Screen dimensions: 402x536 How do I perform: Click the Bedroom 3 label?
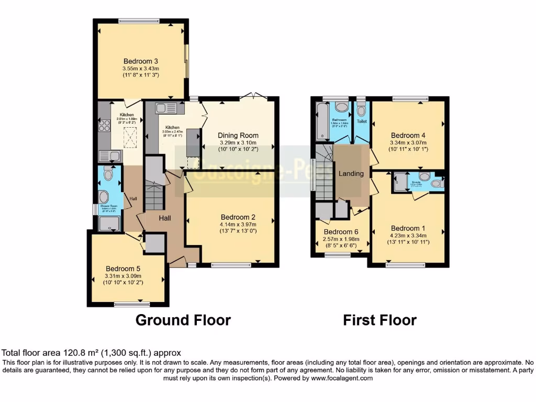pyautogui.click(x=140, y=60)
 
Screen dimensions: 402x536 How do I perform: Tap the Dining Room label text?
pyautogui.click(x=238, y=135)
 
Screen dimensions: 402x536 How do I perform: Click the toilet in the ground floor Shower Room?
pyautogui.click(x=108, y=172)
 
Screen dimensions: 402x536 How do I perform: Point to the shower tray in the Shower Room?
pyautogui.click(x=110, y=224)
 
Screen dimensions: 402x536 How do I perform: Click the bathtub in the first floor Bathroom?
pyautogui.click(x=321, y=120)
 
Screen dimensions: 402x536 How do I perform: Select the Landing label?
pyautogui.click(x=351, y=173)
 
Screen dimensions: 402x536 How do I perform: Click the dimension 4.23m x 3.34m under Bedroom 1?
pyautogui.click(x=408, y=236)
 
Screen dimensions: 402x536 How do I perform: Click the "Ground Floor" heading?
pyautogui.click(x=183, y=320)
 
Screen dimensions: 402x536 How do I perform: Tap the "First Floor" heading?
pyautogui.click(x=379, y=320)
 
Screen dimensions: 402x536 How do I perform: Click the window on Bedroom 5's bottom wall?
pyautogui.click(x=128, y=304)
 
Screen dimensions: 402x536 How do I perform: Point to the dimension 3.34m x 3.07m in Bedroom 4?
pyautogui.click(x=408, y=142)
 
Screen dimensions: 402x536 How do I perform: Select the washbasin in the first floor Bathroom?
pyautogui.click(x=342, y=107)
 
